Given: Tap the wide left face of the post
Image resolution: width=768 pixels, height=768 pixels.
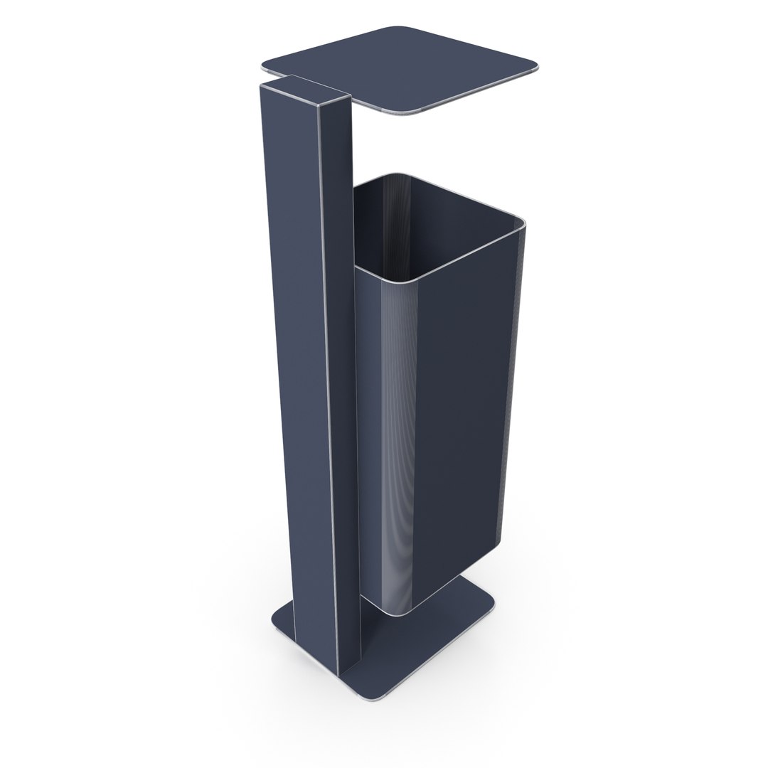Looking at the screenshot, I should click(299, 356).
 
